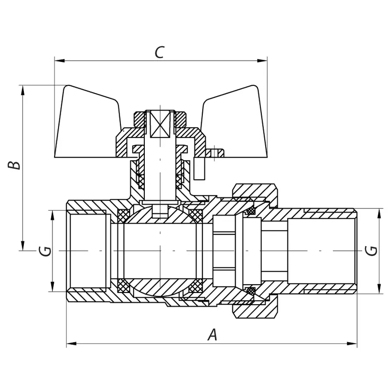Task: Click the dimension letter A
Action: pyautogui.click(x=212, y=335)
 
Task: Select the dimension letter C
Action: pyautogui.click(x=159, y=52)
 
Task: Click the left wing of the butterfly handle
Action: pyautogui.click(x=87, y=123)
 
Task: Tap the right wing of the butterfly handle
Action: pyautogui.click(x=236, y=123)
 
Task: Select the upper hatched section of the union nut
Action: pyautogui.click(x=254, y=190)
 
